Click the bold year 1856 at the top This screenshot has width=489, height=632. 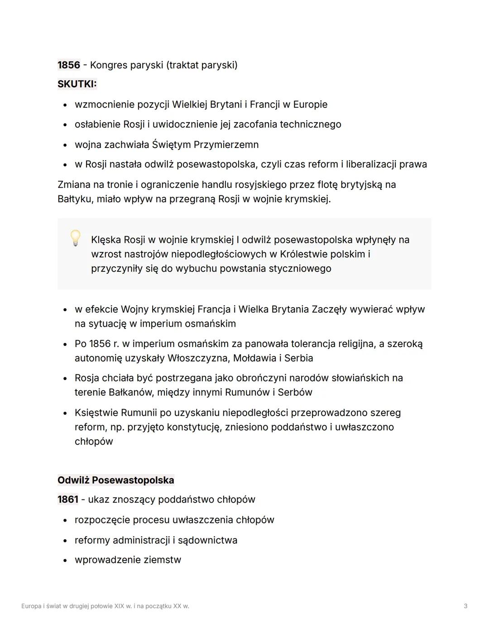tap(68, 65)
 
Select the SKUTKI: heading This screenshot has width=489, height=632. tap(77, 84)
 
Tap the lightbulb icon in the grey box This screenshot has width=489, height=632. tap(76, 238)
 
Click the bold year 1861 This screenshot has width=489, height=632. tap(68, 499)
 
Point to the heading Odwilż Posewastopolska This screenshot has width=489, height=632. tap(116, 480)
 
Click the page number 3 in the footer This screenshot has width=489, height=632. tap(465, 606)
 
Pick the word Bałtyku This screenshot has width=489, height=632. tap(75, 199)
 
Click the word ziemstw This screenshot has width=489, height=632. tap(162, 560)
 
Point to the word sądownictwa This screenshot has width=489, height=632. tap(207, 540)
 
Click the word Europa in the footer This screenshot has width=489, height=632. tap(31, 606)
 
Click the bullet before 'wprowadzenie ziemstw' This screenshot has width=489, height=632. tap(65, 561)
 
